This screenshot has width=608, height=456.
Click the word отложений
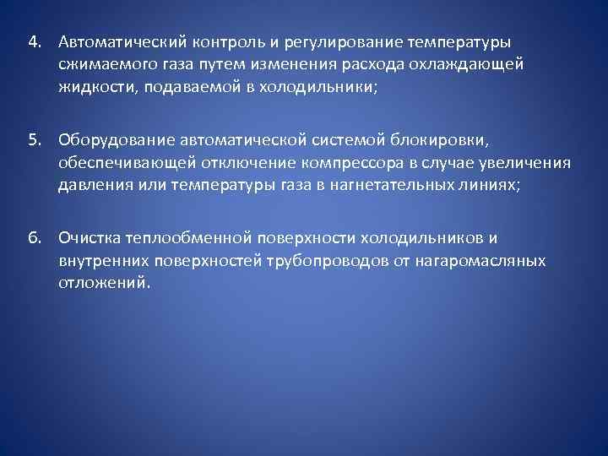[x=104, y=283]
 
